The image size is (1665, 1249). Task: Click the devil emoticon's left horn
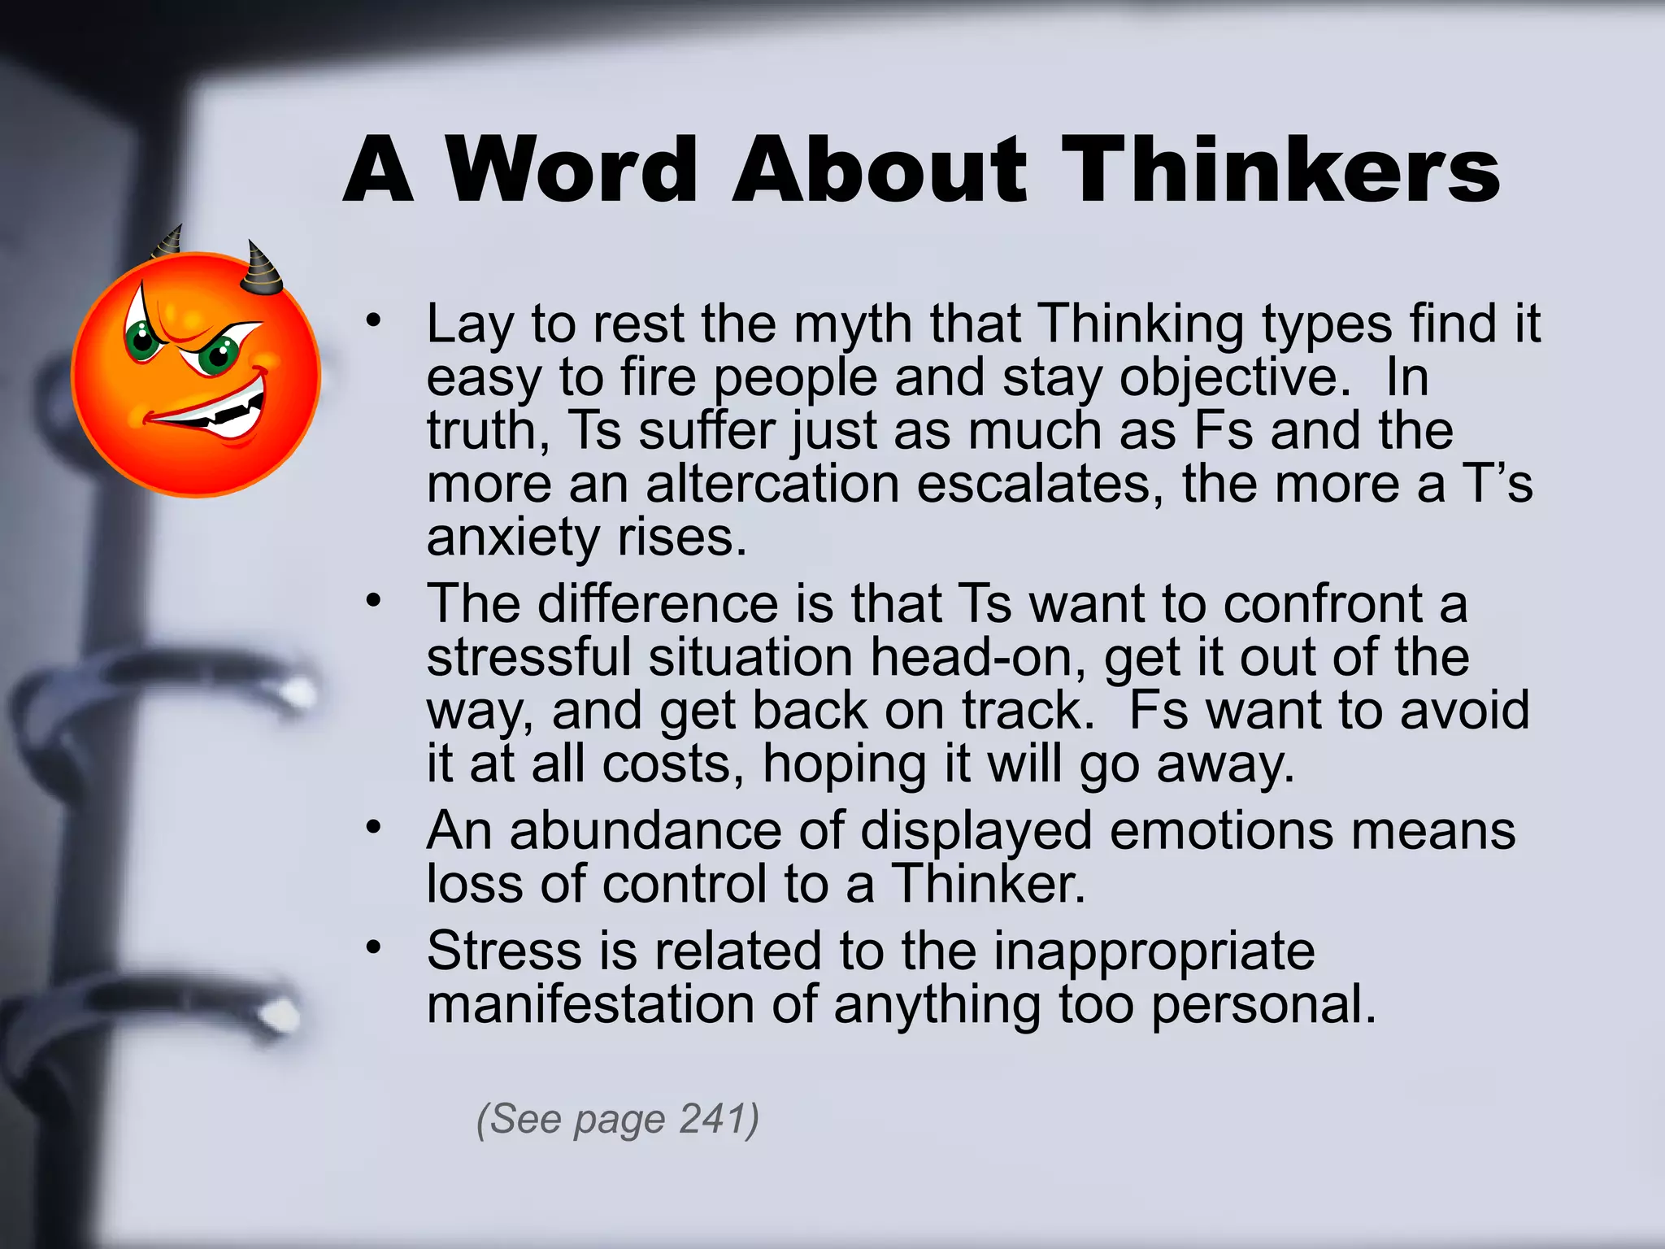[169, 242]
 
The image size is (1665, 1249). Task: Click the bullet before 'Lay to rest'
[373, 320]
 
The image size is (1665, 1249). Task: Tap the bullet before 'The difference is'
[373, 601]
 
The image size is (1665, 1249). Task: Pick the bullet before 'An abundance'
[373, 828]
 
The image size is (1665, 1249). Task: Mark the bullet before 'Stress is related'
[373, 947]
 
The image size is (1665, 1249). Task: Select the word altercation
[772, 484]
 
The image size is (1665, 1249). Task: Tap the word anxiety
[513, 537]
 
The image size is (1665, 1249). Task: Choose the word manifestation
[590, 1004]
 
